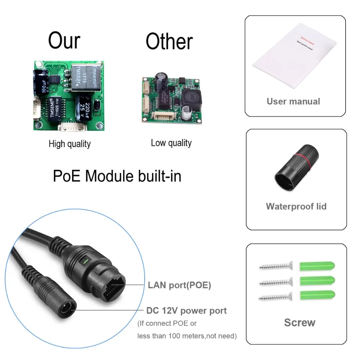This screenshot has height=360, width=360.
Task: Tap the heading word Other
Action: [169, 41]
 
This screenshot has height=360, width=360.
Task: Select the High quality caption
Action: [69, 144]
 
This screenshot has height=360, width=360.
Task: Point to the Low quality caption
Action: [171, 143]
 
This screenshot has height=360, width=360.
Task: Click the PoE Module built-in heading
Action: [117, 176]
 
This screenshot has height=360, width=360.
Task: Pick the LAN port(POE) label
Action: [179, 285]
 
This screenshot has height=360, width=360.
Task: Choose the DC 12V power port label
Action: [186, 310]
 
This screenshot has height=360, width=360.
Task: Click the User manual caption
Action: [293, 101]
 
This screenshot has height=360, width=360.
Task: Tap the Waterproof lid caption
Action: [296, 206]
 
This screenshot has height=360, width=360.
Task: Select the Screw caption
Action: [300, 322]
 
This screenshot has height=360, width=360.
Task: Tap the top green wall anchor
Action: [317, 266]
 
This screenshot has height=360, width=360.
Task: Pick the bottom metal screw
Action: [275, 297]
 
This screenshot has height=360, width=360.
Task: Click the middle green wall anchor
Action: [317, 281]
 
